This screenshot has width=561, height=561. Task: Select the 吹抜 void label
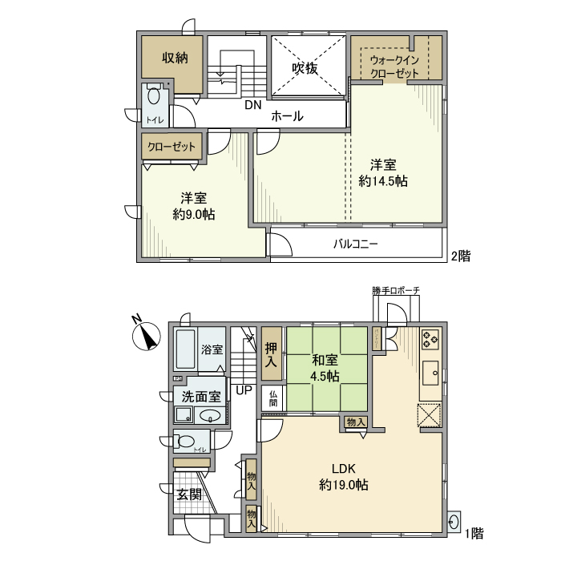tap(305, 69)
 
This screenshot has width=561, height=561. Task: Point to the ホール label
tap(287, 116)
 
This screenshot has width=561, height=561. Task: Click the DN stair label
tap(253, 105)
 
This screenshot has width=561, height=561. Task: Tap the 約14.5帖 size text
tap(383, 181)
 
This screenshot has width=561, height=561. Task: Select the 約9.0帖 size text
tap(193, 214)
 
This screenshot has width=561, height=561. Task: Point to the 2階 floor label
tap(460, 256)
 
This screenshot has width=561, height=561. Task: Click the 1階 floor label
tap(473, 532)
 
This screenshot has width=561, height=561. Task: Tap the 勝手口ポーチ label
tap(396, 290)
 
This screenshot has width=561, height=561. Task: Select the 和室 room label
tap(325, 360)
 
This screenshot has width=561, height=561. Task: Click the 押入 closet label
tap(271, 356)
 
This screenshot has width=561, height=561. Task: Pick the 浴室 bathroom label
tap(212, 349)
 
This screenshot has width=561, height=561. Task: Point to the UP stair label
tap(244, 390)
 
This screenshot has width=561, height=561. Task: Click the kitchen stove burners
tap(430, 340)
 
